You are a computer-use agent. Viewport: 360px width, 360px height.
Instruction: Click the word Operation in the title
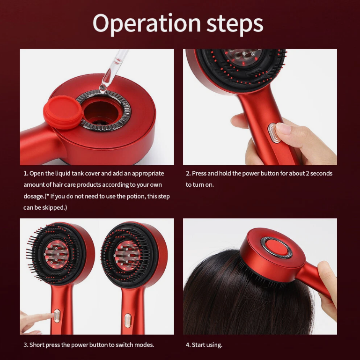[147, 24]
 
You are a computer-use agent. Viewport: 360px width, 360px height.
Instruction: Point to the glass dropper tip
[103, 87]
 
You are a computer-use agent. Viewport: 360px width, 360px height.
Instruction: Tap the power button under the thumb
[273, 133]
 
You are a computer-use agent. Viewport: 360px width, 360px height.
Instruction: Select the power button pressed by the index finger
[57, 316]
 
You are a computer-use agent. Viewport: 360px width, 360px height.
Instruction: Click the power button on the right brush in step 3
[127, 320]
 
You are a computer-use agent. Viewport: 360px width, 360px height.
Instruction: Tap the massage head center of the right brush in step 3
[127, 255]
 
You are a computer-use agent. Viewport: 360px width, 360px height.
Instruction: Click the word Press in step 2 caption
[199, 173]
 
